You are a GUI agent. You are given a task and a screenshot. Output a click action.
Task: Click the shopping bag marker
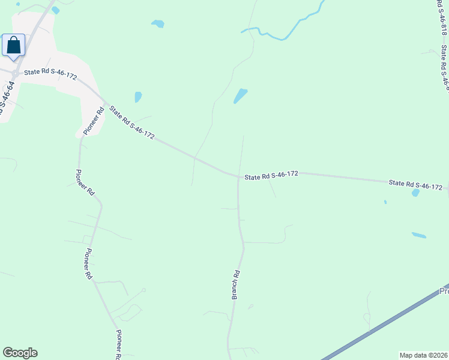point(13,46)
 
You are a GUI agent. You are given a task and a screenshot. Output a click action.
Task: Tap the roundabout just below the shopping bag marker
point(14,73)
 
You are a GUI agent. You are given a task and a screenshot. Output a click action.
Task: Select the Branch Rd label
point(236,284)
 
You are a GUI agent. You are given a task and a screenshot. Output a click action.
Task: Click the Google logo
point(20,353)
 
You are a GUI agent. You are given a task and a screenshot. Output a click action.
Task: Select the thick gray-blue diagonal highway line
point(384,324)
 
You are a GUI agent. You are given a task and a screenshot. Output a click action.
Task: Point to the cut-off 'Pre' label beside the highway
point(444,292)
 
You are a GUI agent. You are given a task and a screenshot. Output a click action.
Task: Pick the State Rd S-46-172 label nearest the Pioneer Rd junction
point(131,122)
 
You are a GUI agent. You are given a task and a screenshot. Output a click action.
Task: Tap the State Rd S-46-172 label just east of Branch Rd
point(271,175)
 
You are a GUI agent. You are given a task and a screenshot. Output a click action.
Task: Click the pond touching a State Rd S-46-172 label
point(415,193)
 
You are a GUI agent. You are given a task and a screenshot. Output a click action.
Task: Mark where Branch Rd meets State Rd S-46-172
point(238,176)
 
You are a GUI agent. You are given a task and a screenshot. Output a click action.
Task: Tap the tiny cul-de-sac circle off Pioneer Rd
point(144,290)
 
